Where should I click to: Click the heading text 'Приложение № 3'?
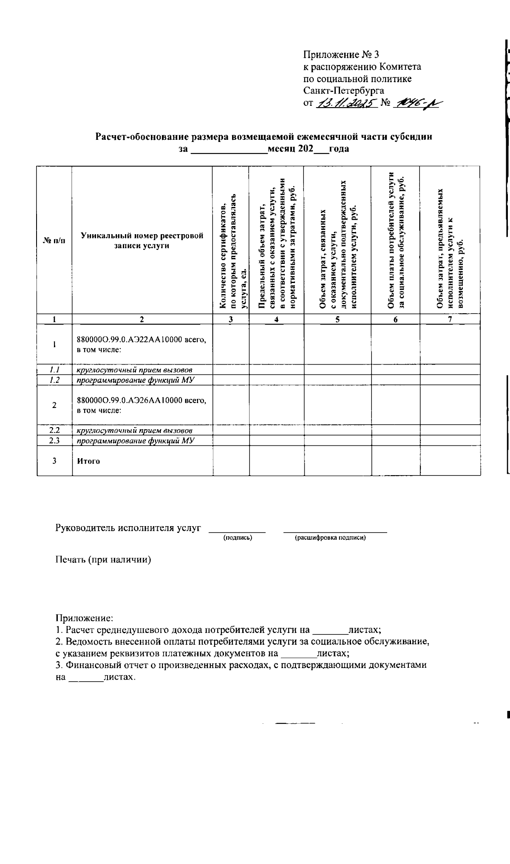(340, 55)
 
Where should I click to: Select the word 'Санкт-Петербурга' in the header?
(344, 91)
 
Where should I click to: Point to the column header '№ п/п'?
(54, 241)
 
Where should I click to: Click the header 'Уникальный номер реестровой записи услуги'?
(142, 241)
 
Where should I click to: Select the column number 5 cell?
(337, 320)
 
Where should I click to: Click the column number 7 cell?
(450, 320)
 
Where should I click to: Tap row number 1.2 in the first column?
(54, 380)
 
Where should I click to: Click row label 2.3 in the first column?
(54, 441)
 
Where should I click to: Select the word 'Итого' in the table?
(88, 461)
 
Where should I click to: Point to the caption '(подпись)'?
(238, 538)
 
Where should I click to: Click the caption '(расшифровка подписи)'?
(330, 538)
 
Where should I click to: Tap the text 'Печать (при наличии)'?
(103, 560)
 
